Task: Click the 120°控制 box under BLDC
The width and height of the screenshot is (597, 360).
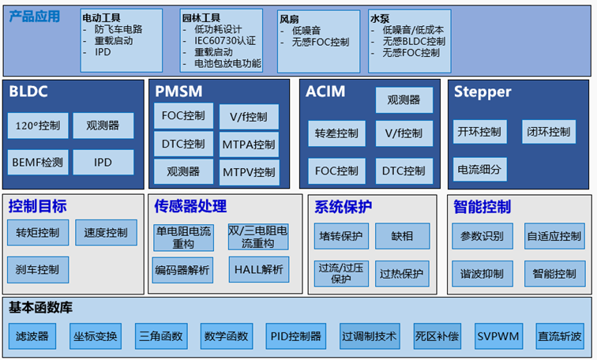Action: pos(37,126)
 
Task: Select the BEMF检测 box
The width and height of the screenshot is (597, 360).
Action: pos(37,162)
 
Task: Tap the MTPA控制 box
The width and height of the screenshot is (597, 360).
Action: pos(249,144)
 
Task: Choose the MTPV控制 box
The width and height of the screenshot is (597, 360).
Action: pos(249,171)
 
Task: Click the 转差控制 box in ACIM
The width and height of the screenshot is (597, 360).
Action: pos(336,133)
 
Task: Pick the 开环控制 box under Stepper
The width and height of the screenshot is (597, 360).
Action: pos(479,132)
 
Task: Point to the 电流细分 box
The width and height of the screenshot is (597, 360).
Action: pos(479,168)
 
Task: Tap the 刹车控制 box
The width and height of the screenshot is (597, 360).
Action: pos(37,269)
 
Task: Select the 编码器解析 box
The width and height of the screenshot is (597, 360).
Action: pos(183,270)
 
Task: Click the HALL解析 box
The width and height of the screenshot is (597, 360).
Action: pos(258,270)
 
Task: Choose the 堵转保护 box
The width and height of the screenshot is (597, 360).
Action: pos(340,235)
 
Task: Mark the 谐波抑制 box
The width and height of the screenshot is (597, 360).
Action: pos(482,274)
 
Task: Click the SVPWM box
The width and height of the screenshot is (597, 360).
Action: pos(498,336)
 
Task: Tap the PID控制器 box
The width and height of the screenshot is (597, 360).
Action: pos(295,336)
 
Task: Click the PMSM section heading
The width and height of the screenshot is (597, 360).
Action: pos(178,92)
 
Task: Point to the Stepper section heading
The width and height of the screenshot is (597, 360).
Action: pos(482,92)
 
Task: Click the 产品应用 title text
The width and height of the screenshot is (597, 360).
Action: pos(35,17)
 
